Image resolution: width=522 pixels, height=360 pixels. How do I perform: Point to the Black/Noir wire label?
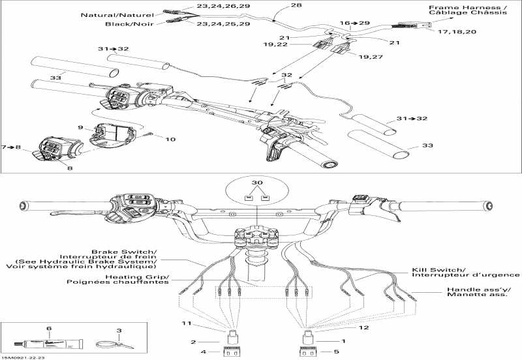coord(130,24)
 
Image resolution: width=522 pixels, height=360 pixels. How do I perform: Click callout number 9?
coord(81,127)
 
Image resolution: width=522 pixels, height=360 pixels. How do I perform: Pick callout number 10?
coord(170,139)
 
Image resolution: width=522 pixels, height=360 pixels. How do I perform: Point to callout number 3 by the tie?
coord(119,331)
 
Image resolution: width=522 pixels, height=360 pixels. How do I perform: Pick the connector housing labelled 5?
coord(308,353)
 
